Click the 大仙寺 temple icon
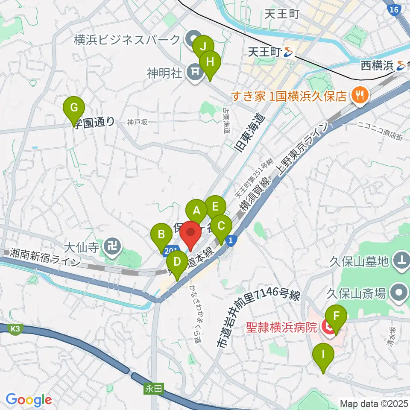[x=114, y=247]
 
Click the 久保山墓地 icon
[x=401, y=259]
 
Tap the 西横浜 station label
[x=378, y=66]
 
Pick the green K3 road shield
[x=15, y=329]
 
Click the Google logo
[x=29, y=400]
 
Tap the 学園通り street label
[x=94, y=122]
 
